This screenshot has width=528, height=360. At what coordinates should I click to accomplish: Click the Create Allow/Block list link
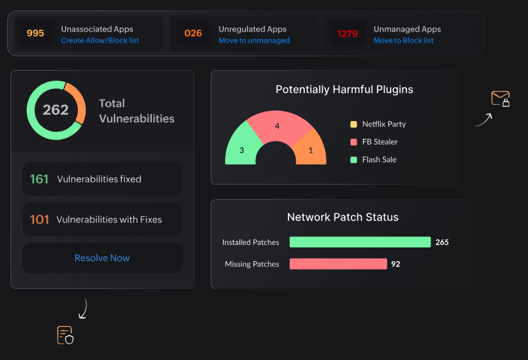[100, 41]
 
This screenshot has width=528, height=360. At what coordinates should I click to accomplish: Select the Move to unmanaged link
[254, 41]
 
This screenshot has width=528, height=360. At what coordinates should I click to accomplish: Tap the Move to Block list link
[403, 41]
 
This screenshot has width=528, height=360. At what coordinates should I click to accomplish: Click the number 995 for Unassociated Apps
[35, 33]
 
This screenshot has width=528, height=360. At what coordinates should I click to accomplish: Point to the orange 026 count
[193, 33]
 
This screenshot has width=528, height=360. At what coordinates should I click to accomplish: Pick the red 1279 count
[347, 33]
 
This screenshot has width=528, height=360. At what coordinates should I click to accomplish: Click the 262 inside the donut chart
[56, 110]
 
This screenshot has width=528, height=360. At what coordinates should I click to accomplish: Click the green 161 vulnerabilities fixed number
[39, 179]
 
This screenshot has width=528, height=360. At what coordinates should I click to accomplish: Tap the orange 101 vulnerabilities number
[39, 219]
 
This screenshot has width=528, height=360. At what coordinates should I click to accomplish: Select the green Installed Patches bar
[360, 242]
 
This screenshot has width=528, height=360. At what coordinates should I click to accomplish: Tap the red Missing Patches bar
[338, 264]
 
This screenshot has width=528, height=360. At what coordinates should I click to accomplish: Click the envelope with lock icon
[501, 99]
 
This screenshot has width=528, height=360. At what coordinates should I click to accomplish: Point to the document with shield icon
[65, 334]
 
